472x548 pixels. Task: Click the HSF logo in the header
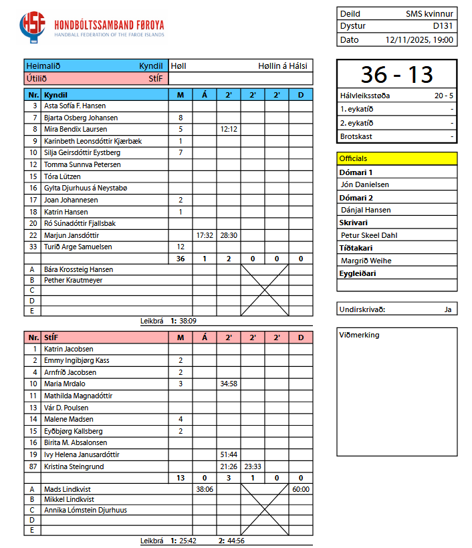pos(33,27)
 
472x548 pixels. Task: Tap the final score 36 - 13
pos(396,74)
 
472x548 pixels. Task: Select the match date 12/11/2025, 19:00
pos(420,39)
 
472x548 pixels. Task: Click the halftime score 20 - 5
pos(443,96)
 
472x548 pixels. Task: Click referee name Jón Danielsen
pos(365,184)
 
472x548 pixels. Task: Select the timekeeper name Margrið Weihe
pos(366,261)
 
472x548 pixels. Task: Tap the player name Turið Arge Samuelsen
pos(78,247)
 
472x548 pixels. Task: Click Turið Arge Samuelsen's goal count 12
pos(181,247)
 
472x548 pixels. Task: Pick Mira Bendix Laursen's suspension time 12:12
pos(229,129)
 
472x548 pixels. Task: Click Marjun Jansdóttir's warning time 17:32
pos(205,235)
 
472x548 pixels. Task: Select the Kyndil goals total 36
pos(181,259)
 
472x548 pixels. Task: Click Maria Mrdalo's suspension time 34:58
pos(229,384)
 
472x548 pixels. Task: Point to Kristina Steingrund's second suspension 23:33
pos(253,466)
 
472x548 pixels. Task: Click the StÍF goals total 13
pos(181,478)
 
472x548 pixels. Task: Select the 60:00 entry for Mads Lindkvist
pos(301,489)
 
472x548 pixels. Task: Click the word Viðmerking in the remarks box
pos(359,335)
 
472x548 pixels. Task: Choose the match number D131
pos(443,26)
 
